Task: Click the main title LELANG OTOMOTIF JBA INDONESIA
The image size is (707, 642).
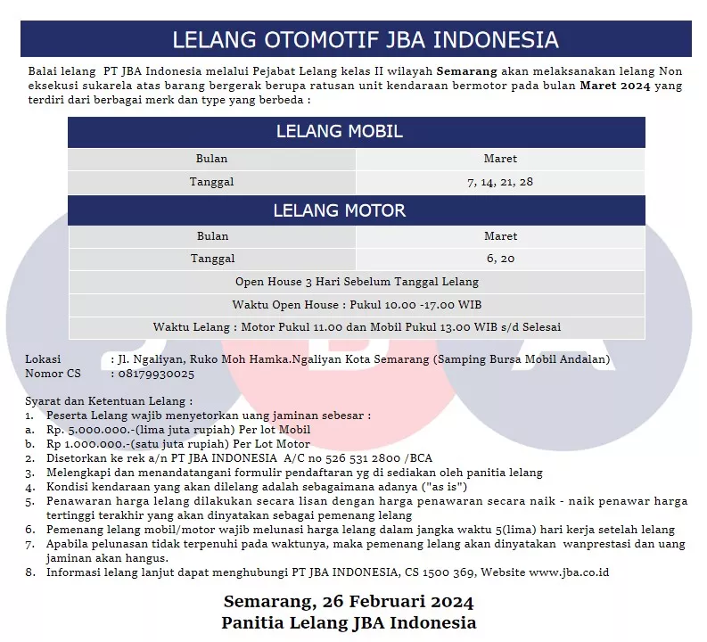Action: click(x=365, y=40)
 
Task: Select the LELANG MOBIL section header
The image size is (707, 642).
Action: click(x=339, y=132)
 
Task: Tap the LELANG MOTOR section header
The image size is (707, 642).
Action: click(x=339, y=210)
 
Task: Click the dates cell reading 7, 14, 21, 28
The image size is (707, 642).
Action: click(x=500, y=182)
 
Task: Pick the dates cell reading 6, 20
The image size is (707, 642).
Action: click(x=500, y=259)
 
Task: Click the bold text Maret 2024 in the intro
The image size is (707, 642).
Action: click(x=615, y=86)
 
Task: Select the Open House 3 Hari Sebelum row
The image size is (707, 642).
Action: click(x=357, y=282)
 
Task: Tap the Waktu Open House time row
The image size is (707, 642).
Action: click(x=357, y=305)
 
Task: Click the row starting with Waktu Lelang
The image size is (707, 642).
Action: click(x=357, y=327)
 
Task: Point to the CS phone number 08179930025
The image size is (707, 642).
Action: click(x=155, y=374)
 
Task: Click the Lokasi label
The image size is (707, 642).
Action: click(x=43, y=359)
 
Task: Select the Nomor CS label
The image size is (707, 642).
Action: click(x=53, y=374)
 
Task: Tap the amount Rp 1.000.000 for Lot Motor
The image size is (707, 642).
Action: click(x=90, y=443)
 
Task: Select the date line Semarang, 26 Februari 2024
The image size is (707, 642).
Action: click(x=348, y=601)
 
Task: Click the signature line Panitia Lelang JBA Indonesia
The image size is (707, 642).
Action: click(x=349, y=622)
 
